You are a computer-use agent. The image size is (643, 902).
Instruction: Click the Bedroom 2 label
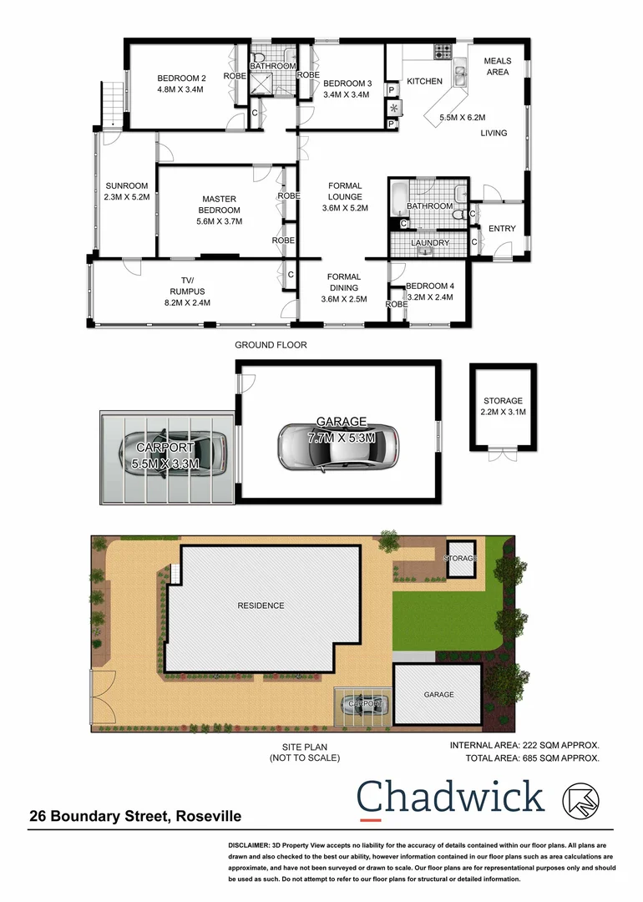coord(181,79)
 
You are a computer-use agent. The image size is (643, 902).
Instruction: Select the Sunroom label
coord(127,186)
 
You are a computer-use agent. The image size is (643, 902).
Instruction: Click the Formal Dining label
coord(344,277)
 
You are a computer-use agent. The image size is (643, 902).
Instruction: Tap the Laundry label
coord(431,243)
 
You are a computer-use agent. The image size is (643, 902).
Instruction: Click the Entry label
coord(502,229)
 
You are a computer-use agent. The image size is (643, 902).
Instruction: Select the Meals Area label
coord(498,66)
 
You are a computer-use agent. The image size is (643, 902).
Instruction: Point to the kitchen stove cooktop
coord(442,52)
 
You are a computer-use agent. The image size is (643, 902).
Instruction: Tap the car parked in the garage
coord(338,445)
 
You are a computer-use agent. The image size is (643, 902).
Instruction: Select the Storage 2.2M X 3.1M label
coord(503,407)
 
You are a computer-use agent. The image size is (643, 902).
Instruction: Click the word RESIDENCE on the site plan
coord(261,606)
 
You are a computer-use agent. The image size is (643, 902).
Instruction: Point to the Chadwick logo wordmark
coord(451,798)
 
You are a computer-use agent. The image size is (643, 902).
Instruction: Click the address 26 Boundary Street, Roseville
coord(136,816)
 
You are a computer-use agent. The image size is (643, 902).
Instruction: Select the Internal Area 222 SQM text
coord(524,744)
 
